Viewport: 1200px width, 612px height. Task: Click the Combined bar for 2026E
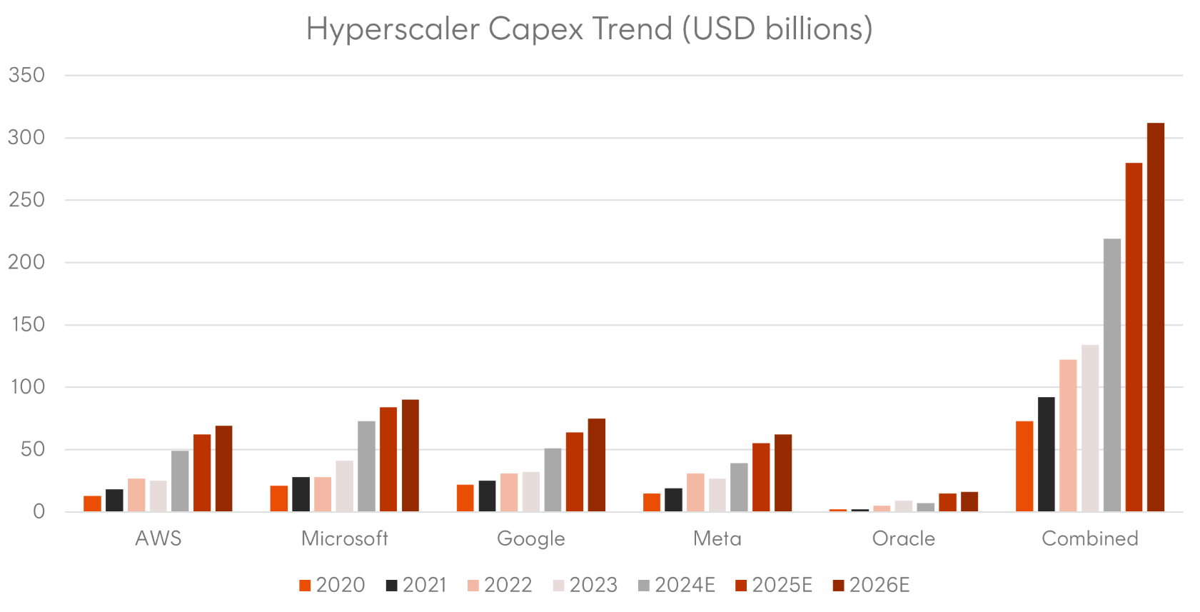pyautogui.click(x=1155, y=317)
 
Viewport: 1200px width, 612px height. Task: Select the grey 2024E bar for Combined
pyautogui.click(x=1111, y=375)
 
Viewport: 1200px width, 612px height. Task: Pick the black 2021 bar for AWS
pyautogui.click(x=114, y=500)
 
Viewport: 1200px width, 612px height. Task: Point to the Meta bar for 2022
pyautogui.click(x=695, y=492)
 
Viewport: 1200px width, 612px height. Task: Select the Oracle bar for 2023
pyautogui.click(x=903, y=506)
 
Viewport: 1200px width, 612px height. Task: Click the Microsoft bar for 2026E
pyautogui.click(x=410, y=455)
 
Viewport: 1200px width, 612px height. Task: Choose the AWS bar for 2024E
pyautogui.click(x=180, y=481)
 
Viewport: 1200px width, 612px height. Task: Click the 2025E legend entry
pyautogui.click(x=774, y=585)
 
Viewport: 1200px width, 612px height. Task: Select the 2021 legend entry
pyautogui.click(x=417, y=585)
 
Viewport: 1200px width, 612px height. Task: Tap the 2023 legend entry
pyautogui.click(x=585, y=585)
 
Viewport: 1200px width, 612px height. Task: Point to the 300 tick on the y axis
pyautogui.click(x=26, y=137)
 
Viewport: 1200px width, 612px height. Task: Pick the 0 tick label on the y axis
pyautogui.click(x=39, y=511)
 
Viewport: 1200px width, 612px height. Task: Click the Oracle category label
pyautogui.click(x=903, y=538)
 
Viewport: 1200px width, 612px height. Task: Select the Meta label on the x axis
pyautogui.click(x=717, y=538)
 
